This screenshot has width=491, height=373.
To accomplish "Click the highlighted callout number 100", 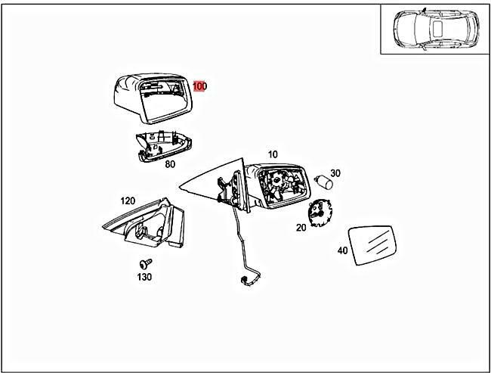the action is tap(199, 86).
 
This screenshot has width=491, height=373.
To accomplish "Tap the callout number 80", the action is tap(170, 164).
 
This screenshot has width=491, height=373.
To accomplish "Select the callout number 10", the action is tap(273, 154).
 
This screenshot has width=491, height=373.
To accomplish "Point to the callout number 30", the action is tap(335, 173).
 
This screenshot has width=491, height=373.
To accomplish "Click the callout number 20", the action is tap(301, 228).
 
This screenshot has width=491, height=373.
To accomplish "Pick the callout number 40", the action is tap(343, 250).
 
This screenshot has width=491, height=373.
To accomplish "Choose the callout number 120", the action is tap(128, 200).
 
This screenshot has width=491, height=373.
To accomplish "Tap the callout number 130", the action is tap(144, 277).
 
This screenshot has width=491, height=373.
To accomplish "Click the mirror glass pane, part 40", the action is tap(372, 245).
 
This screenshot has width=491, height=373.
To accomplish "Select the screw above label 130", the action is tap(146, 263).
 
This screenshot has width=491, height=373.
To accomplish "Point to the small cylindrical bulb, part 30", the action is tap(323, 182).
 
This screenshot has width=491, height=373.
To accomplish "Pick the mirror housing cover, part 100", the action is tap(153, 98).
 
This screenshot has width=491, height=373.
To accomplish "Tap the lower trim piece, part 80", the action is tap(164, 146).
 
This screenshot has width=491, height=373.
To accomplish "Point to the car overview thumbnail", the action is tap(435, 30).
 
